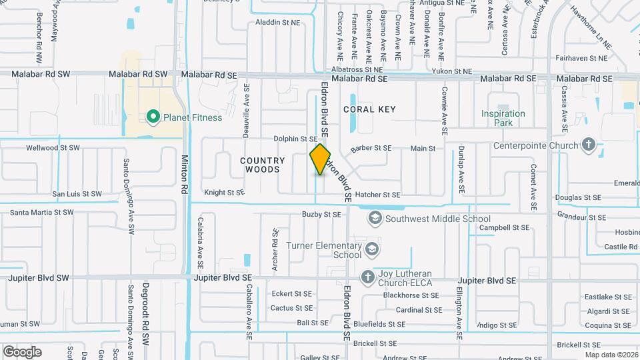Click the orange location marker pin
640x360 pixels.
coord(320,159)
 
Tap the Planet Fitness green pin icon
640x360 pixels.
coord(153,119)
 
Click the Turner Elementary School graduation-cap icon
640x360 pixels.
coord(371,250)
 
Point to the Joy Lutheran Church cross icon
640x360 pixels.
coord(367,277)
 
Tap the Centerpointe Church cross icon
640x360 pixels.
coord(588,145)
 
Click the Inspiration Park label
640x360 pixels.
coord(503,118)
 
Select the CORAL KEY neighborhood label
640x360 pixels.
coord(369,109)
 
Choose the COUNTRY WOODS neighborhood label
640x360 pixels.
coord(263,165)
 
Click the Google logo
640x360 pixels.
coord(22,351)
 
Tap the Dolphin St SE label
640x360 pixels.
coord(295,139)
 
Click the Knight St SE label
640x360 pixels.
coord(224,193)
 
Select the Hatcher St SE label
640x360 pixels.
coord(377,195)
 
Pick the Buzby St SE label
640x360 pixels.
coord(321,215)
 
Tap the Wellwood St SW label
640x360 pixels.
coord(53,147)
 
